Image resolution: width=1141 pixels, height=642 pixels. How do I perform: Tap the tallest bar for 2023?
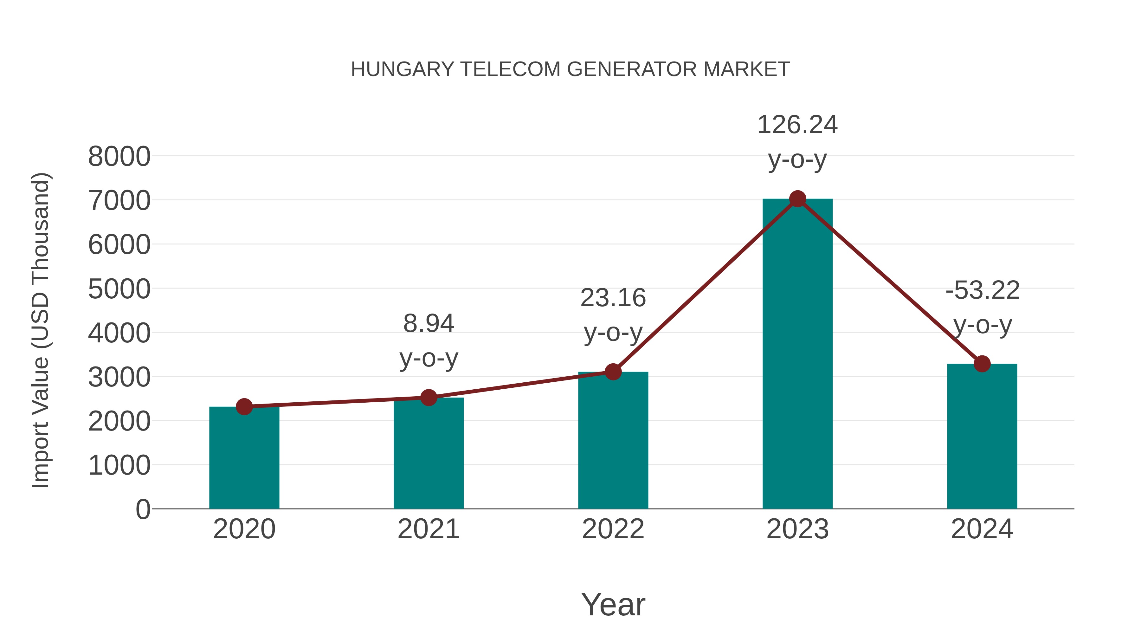click(797, 354)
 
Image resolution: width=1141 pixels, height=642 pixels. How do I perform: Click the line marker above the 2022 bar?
click(613, 372)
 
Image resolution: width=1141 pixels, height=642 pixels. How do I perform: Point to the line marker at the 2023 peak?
click(797, 199)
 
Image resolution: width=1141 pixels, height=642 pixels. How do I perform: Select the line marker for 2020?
click(244, 406)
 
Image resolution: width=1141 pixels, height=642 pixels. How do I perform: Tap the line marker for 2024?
click(982, 364)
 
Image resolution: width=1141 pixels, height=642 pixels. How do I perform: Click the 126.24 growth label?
click(797, 125)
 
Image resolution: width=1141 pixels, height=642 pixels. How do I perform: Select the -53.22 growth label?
click(983, 291)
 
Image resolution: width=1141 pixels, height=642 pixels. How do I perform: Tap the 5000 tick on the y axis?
click(119, 289)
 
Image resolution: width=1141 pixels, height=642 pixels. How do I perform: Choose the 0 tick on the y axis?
click(143, 509)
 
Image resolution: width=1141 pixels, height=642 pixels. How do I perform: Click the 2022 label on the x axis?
click(613, 529)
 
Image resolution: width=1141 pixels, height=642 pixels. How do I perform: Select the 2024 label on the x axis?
click(982, 529)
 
